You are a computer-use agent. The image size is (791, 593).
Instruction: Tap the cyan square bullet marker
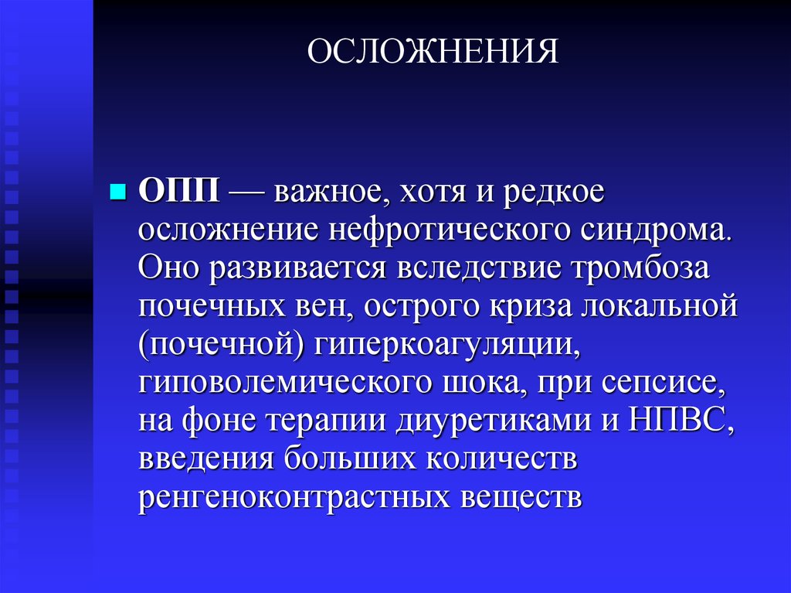click(118, 190)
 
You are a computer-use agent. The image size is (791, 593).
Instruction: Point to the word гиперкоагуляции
click(446, 346)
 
